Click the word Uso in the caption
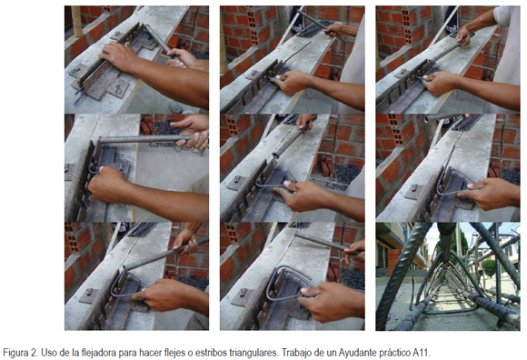click(x=48, y=353)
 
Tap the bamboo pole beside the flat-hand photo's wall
click(x=76, y=21)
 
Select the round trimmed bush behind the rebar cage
click(x=489, y=268)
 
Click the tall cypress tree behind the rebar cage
click(x=464, y=245)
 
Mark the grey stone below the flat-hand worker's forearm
click(x=175, y=107)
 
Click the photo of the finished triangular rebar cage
click(x=448, y=276)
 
